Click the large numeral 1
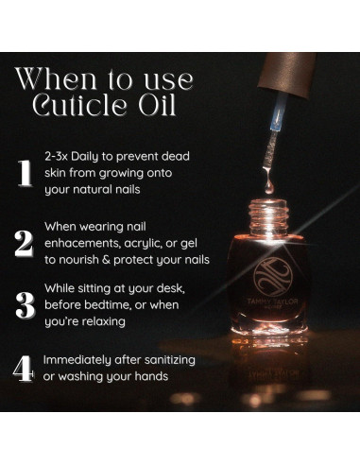pyautogui.click(x=26, y=173)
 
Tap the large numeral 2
pyautogui.click(x=24, y=244)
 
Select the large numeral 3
pyautogui.click(x=26, y=305)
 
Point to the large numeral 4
pyautogui.click(x=24, y=369)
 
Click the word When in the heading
pyautogui.click(x=56, y=78)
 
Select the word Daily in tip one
pyautogui.click(x=84, y=157)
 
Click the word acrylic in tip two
pyautogui.click(x=144, y=244)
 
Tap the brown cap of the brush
pyautogui.click(x=287, y=74)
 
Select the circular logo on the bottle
pyautogui.click(x=273, y=276)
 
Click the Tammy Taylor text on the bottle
pyautogui.click(x=272, y=301)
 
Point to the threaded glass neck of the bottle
pyautogui.click(x=268, y=216)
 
